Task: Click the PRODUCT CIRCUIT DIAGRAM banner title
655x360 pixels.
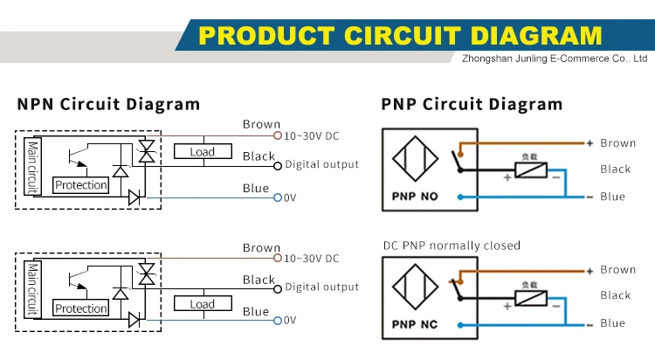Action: (401, 35)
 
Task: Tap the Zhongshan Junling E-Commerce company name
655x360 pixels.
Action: (553, 59)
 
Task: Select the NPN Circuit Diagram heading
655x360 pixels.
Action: (108, 105)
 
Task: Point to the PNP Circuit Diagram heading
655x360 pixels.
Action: (472, 105)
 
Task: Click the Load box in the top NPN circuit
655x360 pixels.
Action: (202, 151)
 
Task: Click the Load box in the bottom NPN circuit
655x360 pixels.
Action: (202, 304)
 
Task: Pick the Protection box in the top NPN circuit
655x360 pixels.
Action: (80, 185)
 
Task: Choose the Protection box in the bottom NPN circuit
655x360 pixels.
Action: (80, 308)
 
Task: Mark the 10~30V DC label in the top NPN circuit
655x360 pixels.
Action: (311, 136)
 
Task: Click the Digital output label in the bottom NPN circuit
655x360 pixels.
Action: (321, 287)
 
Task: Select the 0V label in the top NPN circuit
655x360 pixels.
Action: (291, 198)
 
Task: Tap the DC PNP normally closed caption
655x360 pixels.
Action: (451, 246)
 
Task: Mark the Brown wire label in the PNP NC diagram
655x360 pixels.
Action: (617, 270)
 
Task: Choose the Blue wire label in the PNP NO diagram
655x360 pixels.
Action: (612, 197)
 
